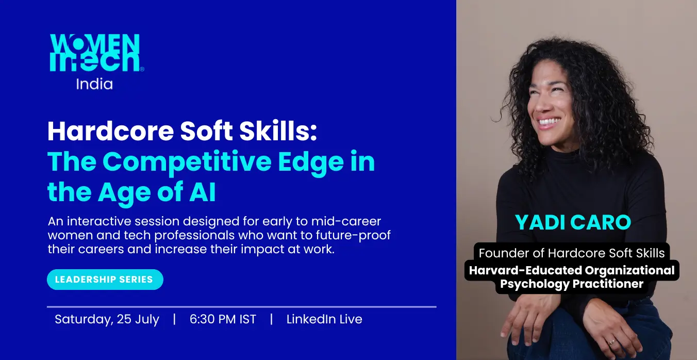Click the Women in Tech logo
pyautogui.click(x=96, y=52)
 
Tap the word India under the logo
pyautogui.click(x=94, y=84)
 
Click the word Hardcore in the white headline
pyautogui.click(x=110, y=131)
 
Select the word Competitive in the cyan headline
pyautogui.click(x=187, y=162)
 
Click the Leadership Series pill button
pyautogui.click(x=105, y=280)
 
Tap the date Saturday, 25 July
pyautogui.click(x=107, y=320)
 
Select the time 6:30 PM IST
pyautogui.click(x=223, y=319)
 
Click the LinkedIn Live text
pyautogui.click(x=324, y=319)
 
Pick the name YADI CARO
pyautogui.click(x=573, y=222)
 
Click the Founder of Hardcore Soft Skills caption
pyautogui.click(x=572, y=253)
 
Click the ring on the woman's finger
pyautogui.click(x=611, y=342)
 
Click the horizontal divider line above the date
pyautogui.click(x=241, y=307)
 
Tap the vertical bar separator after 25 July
pyautogui.click(x=174, y=319)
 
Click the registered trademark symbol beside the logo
pyautogui.click(x=142, y=69)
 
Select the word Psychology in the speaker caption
pyautogui.click(x=535, y=284)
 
